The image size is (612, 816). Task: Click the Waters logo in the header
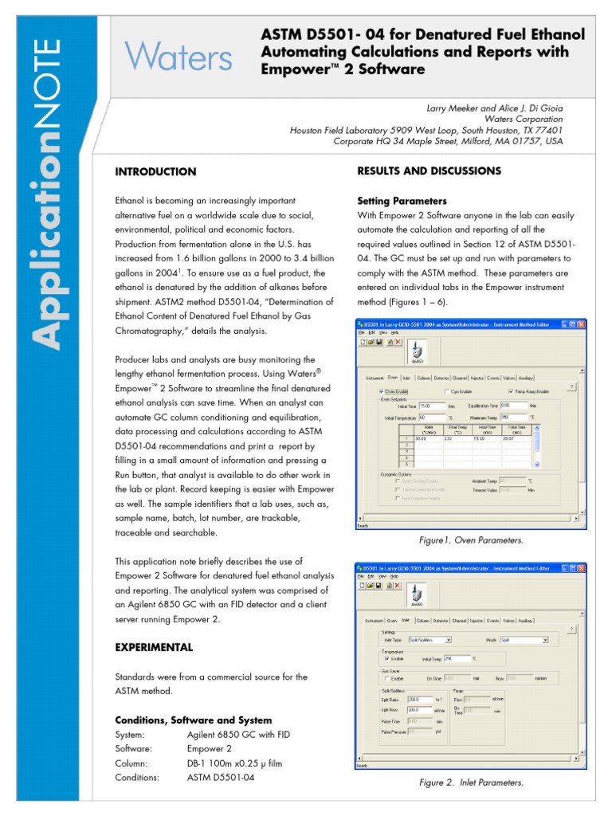(178, 57)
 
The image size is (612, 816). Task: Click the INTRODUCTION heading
(155, 171)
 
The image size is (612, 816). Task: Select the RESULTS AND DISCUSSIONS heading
(429, 171)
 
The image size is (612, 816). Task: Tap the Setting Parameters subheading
(402, 201)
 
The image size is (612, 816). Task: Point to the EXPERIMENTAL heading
(154, 646)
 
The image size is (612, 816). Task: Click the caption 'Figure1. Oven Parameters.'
(471, 540)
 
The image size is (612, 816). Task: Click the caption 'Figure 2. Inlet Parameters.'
(471, 782)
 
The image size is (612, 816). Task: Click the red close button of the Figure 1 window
(581, 324)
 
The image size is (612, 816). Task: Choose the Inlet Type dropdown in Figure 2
(430, 639)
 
